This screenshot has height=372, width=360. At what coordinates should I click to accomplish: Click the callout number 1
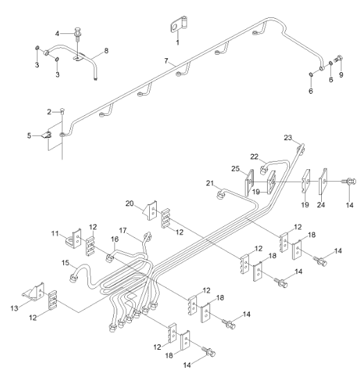tap(177, 43)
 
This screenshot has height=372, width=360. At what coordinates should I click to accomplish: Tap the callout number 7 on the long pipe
tap(166, 62)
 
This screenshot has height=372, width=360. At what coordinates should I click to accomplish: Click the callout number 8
tap(106, 50)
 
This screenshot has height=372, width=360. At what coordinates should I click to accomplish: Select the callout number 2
tap(49, 111)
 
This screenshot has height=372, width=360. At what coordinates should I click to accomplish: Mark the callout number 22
tap(254, 156)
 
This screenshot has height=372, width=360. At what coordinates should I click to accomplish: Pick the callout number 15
tap(65, 263)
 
